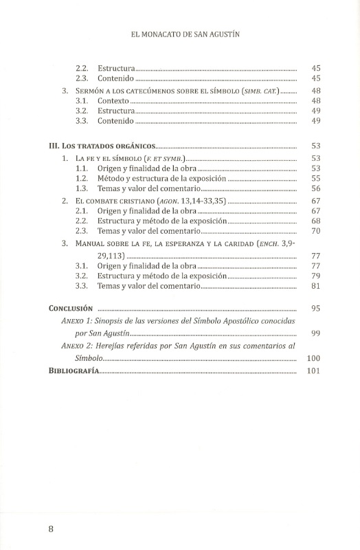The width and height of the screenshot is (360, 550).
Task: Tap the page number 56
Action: coord(316,188)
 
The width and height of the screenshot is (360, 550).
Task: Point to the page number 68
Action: coord(316,221)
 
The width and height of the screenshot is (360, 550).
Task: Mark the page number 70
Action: coord(316,232)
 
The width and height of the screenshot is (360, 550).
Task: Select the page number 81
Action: coord(316,286)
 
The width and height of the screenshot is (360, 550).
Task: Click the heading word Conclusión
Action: coord(74,309)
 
